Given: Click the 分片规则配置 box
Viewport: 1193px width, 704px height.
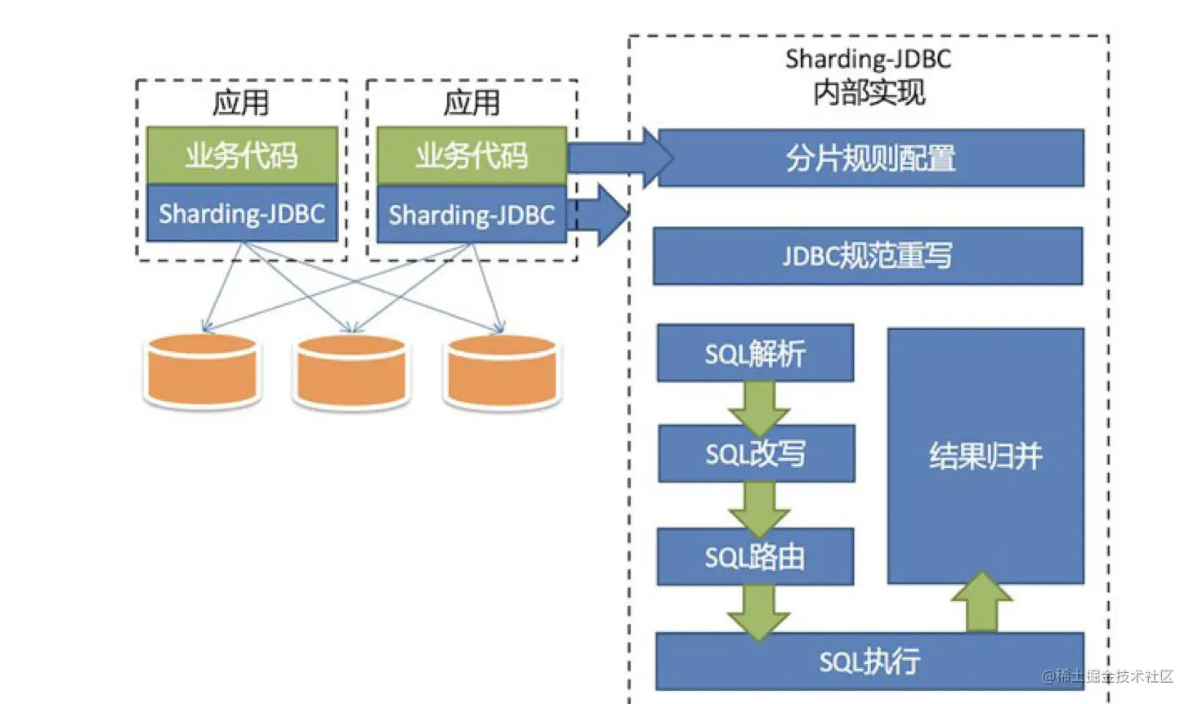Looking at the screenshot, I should pyautogui.click(x=870, y=158).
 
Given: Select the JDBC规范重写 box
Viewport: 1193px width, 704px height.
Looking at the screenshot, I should pyautogui.click(x=867, y=256).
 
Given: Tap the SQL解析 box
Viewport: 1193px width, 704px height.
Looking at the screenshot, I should pyautogui.click(x=755, y=353).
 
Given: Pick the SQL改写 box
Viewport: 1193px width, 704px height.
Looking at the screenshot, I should pyautogui.click(x=756, y=453).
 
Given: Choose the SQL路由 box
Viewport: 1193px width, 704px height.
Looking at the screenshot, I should pyautogui.click(x=755, y=557).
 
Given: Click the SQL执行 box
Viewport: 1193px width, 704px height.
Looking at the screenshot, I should pyautogui.click(x=869, y=661).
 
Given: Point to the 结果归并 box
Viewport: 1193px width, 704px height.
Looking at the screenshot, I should pyautogui.click(x=985, y=456).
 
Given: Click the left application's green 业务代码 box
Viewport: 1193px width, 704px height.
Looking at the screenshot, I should pyautogui.click(x=242, y=155).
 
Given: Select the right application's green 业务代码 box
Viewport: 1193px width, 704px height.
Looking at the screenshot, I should pyautogui.click(x=471, y=155).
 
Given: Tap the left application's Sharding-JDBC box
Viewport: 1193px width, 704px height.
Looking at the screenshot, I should pyautogui.click(x=242, y=213).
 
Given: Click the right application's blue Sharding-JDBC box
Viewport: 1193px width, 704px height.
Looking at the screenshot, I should pyautogui.click(x=471, y=214).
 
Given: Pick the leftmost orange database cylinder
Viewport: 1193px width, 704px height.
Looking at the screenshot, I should pyautogui.click(x=202, y=371).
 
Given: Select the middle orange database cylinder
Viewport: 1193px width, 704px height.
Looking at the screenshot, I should pyautogui.click(x=351, y=371).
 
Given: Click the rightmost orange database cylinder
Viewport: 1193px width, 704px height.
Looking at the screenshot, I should pyautogui.click(x=502, y=371).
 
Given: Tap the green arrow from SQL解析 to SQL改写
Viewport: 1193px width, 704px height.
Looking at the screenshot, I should pyautogui.click(x=759, y=407).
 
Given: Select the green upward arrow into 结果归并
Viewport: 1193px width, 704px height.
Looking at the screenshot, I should pyautogui.click(x=982, y=603).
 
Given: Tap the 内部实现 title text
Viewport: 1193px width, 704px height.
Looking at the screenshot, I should pyautogui.click(x=869, y=92).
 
